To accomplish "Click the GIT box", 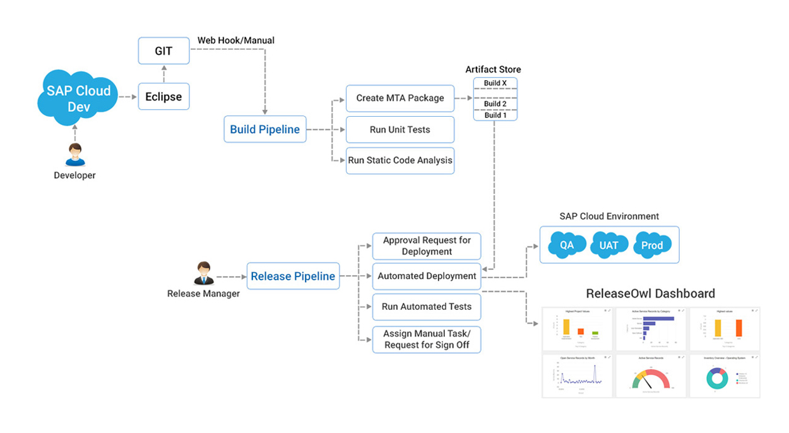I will [x=163, y=51].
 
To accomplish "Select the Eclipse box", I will [x=163, y=97].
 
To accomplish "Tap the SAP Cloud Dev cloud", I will [x=78, y=98].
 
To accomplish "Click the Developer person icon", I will [x=74, y=155].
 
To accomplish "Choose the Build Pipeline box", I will [x=265, y=129].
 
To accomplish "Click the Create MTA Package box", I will [x=400, y=98].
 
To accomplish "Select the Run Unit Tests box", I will [x=400, y=129].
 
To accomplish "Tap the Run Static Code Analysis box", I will [x=400, y=160].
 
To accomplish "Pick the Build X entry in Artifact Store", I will [x=495, y=83].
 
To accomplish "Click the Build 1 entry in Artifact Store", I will [x=495, y=116].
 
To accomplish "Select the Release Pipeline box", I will [x=293, y=276].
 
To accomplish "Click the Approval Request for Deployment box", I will [x=427, y=246].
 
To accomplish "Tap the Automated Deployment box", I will [x=427, y=276].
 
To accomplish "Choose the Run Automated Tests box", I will [x=427, y=307].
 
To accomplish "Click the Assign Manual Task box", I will [x=427, y=339].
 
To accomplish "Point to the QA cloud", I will [x=566, y=245].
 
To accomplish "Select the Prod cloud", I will [x=652, y=245].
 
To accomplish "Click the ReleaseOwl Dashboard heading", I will [x=650, y=294].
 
